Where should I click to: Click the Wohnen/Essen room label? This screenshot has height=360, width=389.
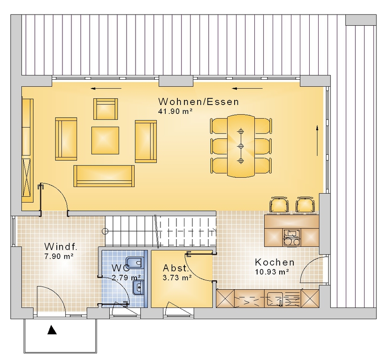coord(198,102)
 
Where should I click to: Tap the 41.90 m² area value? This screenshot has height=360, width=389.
coord(175,112)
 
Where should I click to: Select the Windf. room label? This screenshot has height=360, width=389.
coord(61,247)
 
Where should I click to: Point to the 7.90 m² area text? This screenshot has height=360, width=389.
coord(59,256)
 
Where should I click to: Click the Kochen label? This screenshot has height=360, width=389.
coord(275,262)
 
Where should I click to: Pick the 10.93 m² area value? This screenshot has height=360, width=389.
coord(272,272)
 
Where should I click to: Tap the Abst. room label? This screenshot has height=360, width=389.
coord(176,268)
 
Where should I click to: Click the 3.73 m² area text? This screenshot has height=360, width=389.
coord(177,278)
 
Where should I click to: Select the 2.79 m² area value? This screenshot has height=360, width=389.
coord(126,278)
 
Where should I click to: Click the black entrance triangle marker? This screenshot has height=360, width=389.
coord(52,330)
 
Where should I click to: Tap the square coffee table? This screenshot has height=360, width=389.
coord(105,141)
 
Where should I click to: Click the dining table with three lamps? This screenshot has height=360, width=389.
coord(241,146)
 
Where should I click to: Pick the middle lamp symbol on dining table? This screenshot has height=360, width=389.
coord(241,146)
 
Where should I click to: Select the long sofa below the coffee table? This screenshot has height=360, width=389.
coord(104,176)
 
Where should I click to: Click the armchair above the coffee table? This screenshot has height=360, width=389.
coord(106,109)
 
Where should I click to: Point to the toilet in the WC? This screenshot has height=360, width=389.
coord(135,262)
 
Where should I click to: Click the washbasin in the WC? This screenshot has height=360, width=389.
coord(138,288)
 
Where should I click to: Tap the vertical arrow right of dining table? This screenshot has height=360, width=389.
coord(317,141)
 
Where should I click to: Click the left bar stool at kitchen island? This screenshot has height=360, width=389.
coord(279,205)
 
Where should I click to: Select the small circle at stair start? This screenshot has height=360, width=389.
coord(105,231)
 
